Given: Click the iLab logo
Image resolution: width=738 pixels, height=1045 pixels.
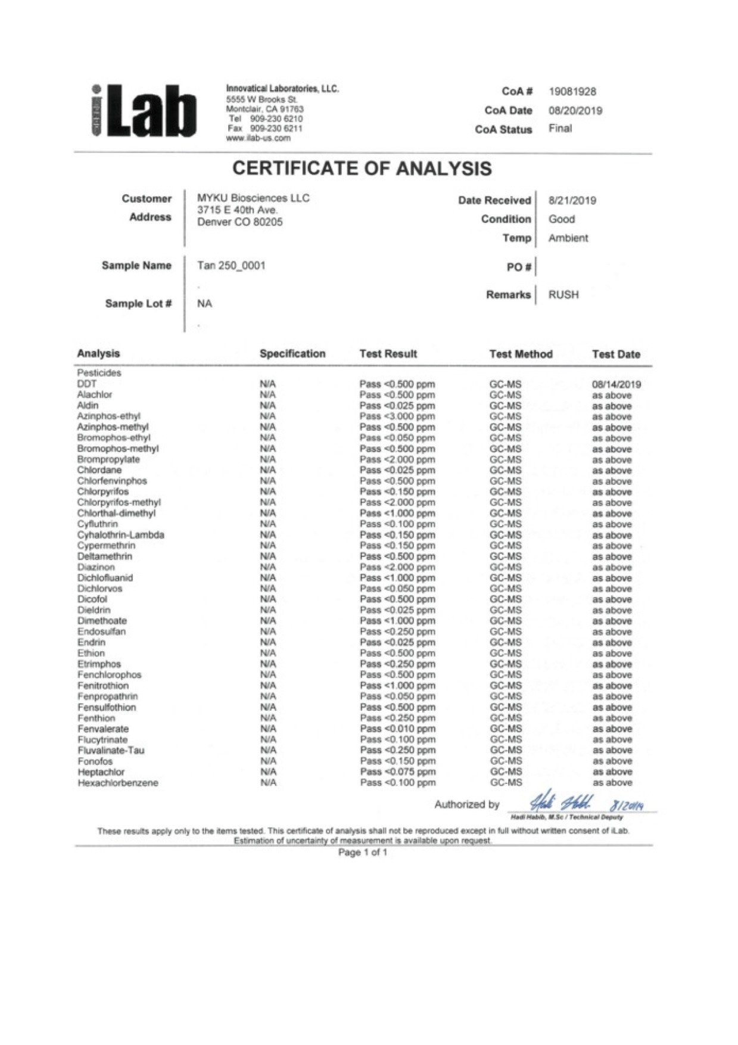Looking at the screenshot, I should tap(144, 111).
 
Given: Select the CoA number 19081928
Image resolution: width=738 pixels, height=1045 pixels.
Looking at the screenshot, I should tap(572, 92).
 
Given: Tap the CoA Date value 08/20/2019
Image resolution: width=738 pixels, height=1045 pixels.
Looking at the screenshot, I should tap(575, 111).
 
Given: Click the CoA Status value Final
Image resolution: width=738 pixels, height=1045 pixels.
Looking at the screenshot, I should tap(560, 129).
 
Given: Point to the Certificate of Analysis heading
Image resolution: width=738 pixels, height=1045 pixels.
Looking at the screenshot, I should tap(362, 169).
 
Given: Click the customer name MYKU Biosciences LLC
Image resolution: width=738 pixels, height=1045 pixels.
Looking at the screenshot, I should tap(253, 198).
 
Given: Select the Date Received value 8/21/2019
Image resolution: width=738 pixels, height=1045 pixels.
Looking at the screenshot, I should tap(572, 201).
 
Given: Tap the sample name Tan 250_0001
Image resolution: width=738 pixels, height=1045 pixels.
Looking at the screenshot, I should tap(231, 266).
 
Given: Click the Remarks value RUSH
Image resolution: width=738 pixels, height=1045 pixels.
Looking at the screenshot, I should tap(563, 295).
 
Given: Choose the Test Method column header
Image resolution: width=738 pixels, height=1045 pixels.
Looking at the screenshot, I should tap(521, 354).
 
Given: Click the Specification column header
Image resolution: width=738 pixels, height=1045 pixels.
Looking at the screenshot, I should tap(292, 354).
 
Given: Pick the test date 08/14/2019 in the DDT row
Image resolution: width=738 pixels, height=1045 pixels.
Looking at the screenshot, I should tap(616, 384).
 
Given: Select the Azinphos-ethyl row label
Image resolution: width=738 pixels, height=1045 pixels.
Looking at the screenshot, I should tap(108, 416).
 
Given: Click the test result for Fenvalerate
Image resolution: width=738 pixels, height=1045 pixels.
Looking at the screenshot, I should tap(397, 729).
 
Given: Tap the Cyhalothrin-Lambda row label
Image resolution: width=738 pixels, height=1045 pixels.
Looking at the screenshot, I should tap(120, 535).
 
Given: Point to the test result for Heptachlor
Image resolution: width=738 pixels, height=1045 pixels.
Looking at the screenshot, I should tap(397, 772).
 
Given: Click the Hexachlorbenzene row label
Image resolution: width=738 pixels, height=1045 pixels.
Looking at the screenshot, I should tap(118, 783).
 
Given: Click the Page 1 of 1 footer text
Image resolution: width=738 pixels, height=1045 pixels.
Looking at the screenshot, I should tap(363, 853).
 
